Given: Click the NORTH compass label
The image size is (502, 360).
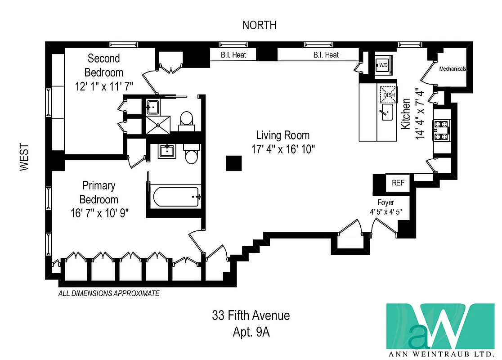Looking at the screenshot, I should tap(259, 25).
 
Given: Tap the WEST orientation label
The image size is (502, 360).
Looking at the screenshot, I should tap(24, 157).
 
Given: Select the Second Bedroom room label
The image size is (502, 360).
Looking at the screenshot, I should tap(103, 65).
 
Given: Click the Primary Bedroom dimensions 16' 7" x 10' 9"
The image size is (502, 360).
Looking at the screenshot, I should tap(99, 213).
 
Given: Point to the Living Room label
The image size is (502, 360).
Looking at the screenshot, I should tap(282, 135).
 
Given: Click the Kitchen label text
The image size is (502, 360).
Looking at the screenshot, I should tap(406, 114).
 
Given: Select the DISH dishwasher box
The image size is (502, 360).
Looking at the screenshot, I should tap(389, 94).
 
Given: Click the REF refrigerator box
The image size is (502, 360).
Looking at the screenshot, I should tap(398, 183).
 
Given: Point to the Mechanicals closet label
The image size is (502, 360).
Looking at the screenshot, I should tap(452, 69).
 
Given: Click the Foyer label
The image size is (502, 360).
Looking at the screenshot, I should tap(385, 203).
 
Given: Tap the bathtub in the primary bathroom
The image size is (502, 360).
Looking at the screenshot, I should tap(176, 197).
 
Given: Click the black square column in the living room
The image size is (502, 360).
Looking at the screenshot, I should tap(233, 163).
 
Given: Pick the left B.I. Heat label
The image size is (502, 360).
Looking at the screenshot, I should tap(233, 55).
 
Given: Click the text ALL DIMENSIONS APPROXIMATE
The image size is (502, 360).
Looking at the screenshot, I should tap(109, 293).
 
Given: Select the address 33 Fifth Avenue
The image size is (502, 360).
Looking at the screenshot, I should tap(251, 315).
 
